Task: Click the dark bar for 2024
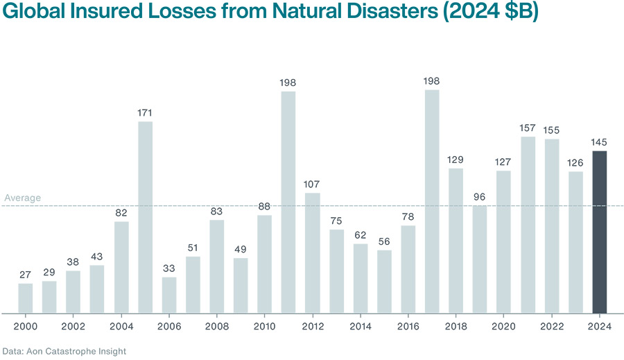pos(600,232)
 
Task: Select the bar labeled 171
pos(145,217)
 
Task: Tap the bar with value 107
pos(313,252)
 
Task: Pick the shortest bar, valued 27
pos(26,298)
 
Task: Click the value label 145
pos(600,142)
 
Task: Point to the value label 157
pos(528,128)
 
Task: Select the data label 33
pos(169,268)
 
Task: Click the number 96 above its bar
pos(480,196)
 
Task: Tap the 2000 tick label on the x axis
pos(26,325)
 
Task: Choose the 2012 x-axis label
pos(313,325)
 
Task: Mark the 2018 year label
pos(456,325)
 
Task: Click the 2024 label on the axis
pos(600,325)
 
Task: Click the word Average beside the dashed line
pos(22,198)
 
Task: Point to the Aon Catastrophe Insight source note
pos(64,351)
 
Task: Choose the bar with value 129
pos(456,240)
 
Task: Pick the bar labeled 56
pos(384,281)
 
